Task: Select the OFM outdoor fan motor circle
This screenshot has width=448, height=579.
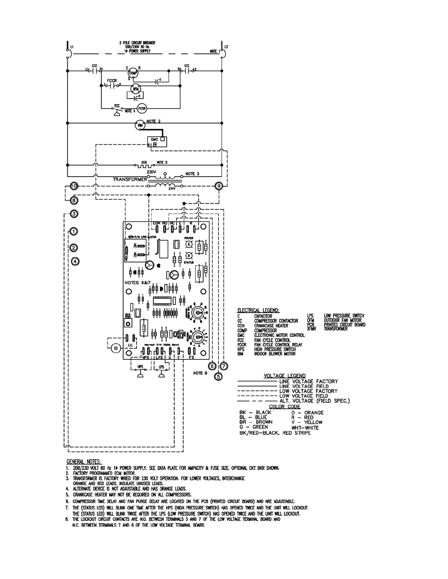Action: (135, 89)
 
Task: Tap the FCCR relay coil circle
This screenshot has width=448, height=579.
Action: (142, 108)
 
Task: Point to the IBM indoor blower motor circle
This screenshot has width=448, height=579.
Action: (140, 125)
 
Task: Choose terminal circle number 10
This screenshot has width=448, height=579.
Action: (74, 186)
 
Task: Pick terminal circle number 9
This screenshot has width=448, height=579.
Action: (219, 186)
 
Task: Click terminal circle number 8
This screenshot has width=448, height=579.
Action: (74, 200)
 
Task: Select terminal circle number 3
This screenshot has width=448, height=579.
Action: (74, 214)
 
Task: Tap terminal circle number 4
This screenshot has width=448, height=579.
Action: (75, 261)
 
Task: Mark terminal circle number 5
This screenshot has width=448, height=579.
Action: (218, 376)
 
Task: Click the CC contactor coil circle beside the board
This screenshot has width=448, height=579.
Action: (116, 348)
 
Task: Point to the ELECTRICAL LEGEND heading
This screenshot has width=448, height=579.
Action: (258, 310)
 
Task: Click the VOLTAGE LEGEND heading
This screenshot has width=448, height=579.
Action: (285, 376)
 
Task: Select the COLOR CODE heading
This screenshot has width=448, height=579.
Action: (284, 406)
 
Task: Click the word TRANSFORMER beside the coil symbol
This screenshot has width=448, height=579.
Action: (130, 179)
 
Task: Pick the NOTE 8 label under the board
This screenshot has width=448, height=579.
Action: (200, 373)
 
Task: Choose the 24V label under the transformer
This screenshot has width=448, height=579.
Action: (172, 189)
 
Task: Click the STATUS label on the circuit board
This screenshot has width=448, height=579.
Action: (189, 262)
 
